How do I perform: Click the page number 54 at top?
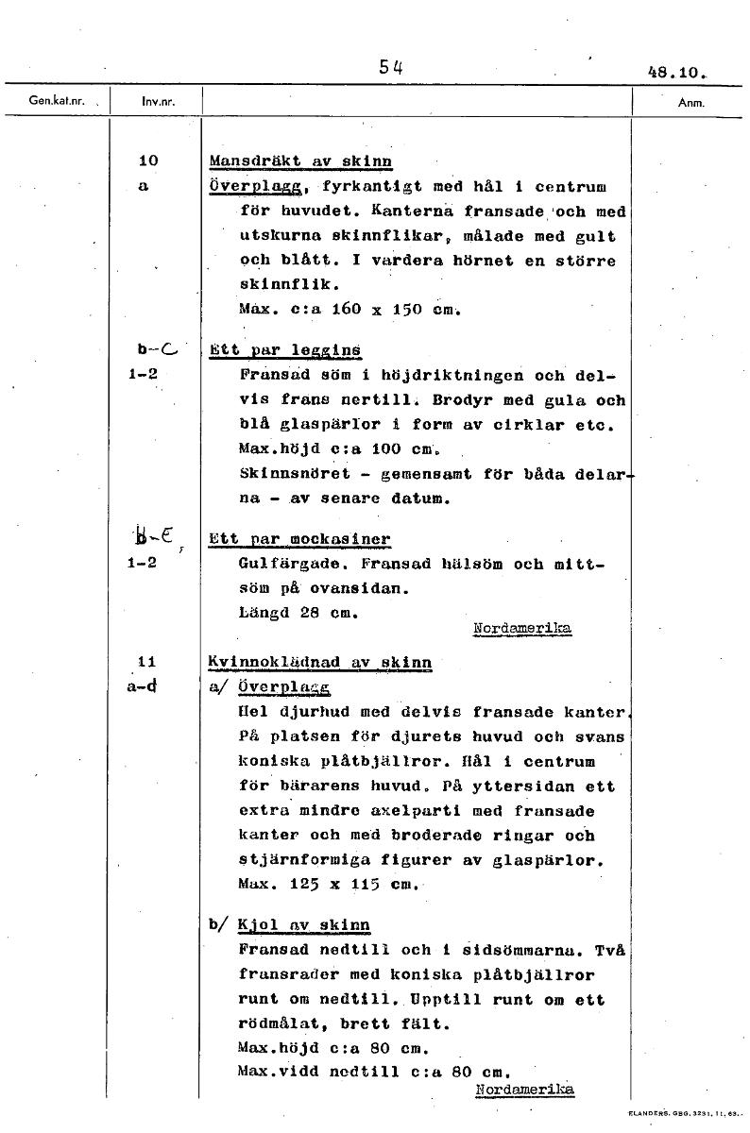point(390,66)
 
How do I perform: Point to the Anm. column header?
point(692,102)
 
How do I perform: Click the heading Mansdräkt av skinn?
point(300,161)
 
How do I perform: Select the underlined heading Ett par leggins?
point(285,350)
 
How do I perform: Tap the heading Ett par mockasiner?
point(299,539)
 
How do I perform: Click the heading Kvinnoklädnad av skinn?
point(320,663)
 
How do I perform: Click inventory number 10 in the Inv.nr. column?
point(147,161)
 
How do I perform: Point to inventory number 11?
point(146,662)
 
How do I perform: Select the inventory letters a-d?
point(144,686)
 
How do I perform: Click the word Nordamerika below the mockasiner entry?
point(521,628)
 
